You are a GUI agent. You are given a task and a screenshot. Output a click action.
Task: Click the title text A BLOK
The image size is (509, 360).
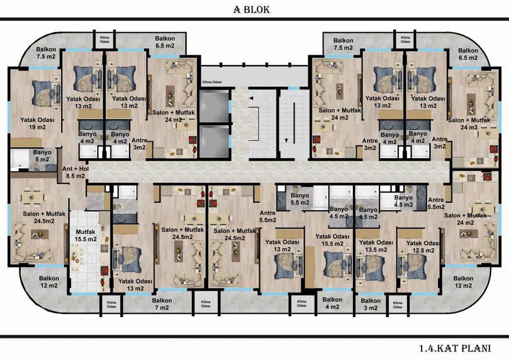[252, 9]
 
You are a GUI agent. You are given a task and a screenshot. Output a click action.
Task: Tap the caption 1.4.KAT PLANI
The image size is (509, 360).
[455, 348]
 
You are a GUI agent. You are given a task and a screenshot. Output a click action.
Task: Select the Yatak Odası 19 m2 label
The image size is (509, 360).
[37, 123]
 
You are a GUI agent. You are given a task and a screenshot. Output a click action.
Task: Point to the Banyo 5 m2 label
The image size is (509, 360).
[42, 156]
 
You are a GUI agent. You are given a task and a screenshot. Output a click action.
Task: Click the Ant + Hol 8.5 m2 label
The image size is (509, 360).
[76, 173]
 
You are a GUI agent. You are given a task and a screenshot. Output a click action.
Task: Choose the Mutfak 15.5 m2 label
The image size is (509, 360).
[86, 235]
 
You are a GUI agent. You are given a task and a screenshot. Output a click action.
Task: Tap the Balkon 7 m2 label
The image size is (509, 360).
[162, 304]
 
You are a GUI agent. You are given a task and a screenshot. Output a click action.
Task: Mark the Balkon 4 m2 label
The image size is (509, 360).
[332, 303]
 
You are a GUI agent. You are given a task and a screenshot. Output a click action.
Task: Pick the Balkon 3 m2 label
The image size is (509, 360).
[370, 304]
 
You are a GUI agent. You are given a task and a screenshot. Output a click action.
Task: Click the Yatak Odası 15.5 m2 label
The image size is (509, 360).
[333, 240]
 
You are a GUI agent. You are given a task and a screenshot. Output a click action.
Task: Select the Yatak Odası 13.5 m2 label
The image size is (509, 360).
[376, 246]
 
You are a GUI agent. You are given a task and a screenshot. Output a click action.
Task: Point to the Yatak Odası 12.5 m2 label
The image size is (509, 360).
[423, 247]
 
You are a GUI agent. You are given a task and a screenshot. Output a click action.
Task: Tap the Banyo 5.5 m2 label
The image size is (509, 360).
[300, 199]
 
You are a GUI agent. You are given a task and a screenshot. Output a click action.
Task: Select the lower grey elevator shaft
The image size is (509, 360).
[214, 141]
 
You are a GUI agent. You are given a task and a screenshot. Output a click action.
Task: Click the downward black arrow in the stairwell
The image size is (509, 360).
[286, 141]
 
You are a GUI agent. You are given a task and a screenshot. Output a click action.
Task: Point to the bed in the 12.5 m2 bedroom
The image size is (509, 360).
[412, 266]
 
